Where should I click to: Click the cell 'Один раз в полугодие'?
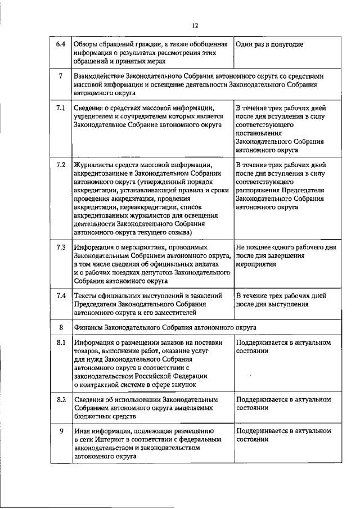pyautogui.click(x=269, y=44)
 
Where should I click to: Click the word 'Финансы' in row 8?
pyautogui.click(x=89, y=327)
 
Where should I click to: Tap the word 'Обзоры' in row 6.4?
pyautogui.click(x=87, y=44)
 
